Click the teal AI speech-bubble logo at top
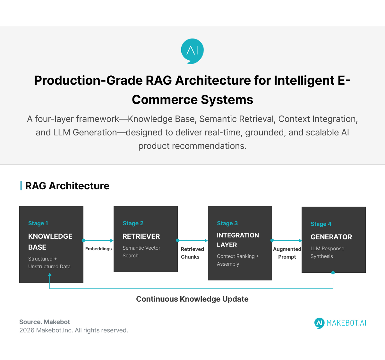192,51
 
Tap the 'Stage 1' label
38,223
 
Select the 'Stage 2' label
133,223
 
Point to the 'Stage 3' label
227,223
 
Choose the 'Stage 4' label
321,224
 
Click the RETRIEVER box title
141,236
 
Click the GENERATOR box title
331,237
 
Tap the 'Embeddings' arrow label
98,249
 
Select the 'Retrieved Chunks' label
192,253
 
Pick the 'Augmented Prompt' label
287,253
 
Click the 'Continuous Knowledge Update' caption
192,299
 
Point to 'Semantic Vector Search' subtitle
141,252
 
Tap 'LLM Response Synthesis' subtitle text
327,253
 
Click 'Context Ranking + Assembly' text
237,260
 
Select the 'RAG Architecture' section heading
67,186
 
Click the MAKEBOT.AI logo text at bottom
346,323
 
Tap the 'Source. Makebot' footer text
45,322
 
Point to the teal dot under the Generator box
333,273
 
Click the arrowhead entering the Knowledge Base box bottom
50,275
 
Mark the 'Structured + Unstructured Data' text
49,263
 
